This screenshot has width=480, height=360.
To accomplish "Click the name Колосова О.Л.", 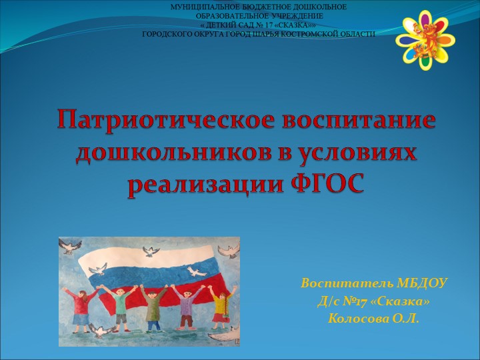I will (x=373, y=319).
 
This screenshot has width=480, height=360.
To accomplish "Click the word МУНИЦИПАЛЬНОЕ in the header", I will (x=199, y=6).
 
